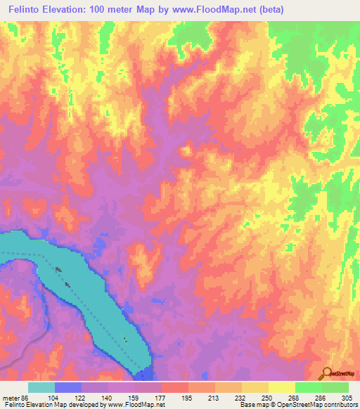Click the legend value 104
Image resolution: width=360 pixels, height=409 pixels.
click(53, 397)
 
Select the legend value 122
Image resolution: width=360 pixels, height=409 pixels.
click(79, 397)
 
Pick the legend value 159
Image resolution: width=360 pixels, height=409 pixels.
click(133, 397)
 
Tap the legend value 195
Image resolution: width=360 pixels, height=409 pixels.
click(186, 397)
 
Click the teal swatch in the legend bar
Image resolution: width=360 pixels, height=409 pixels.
click(41, 387)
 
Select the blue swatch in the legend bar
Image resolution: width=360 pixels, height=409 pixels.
click(67, 387)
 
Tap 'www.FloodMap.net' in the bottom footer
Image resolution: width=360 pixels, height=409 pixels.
click(137, 405)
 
